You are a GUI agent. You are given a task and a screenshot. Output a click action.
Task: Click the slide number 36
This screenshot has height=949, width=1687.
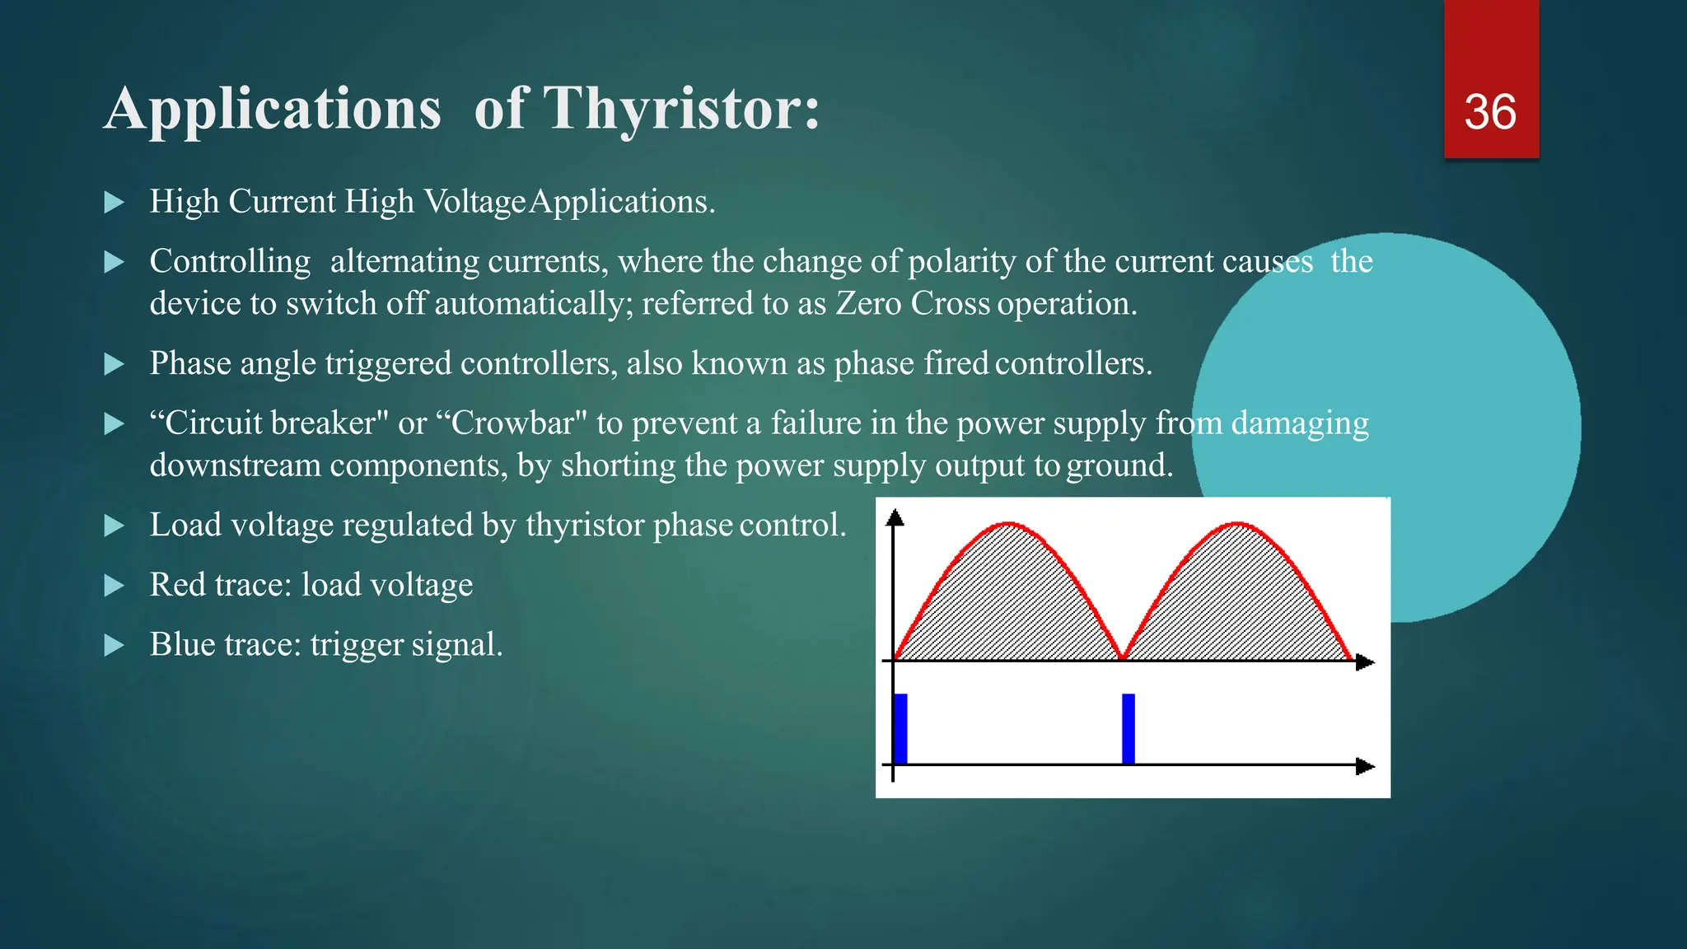(1489, 112)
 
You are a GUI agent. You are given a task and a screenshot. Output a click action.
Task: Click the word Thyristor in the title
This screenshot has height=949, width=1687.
(681, 109)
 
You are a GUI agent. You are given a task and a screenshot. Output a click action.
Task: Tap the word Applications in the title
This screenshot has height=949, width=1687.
(273, 109)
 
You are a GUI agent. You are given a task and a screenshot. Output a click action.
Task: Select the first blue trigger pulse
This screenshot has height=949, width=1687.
(900, 728)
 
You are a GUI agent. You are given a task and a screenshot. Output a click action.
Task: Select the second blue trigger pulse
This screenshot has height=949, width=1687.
(1129, 728)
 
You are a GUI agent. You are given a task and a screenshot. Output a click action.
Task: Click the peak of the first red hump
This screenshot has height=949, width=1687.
(1008, 524)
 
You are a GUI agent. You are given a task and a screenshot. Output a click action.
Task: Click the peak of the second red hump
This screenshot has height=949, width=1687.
(1236, 524)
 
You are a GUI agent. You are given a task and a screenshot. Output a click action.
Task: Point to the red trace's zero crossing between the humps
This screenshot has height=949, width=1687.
(1123, 657)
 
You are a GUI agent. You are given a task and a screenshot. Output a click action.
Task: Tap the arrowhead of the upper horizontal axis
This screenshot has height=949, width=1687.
(1365, 661)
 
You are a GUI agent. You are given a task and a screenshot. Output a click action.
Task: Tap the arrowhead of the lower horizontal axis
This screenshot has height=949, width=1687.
(1365, 766)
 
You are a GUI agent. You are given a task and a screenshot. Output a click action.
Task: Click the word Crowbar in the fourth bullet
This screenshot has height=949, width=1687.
(512, 423)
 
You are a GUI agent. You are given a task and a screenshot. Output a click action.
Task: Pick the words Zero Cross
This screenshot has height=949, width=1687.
(913, 304)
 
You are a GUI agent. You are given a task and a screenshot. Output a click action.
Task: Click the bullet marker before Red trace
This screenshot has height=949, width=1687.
(114, 586)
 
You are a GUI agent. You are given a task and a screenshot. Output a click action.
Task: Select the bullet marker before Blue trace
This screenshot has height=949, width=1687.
(114, 645)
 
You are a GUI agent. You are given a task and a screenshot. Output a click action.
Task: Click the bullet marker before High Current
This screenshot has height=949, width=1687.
(114, 203)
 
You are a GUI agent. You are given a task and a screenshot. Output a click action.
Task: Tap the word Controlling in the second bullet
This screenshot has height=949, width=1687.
(230, 262)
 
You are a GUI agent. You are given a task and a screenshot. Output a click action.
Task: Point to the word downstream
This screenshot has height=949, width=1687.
(235, 466)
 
